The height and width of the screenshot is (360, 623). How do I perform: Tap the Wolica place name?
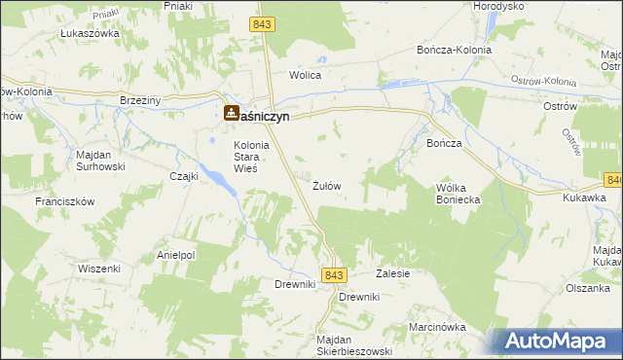click(x=305, y=74)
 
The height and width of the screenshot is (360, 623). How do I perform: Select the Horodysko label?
click(x=498, y=6)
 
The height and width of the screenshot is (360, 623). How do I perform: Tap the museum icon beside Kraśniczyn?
click(x=231, y=113)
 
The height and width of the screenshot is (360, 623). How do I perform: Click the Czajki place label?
click(x=184, y=176)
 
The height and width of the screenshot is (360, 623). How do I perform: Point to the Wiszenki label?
click(x=99, y=240)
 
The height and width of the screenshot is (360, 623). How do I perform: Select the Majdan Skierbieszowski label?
click(x=353, y=345)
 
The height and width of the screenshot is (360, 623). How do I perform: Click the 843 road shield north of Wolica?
click(x=262, y=23)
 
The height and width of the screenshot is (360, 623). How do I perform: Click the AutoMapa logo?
click(x=557, y=341)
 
